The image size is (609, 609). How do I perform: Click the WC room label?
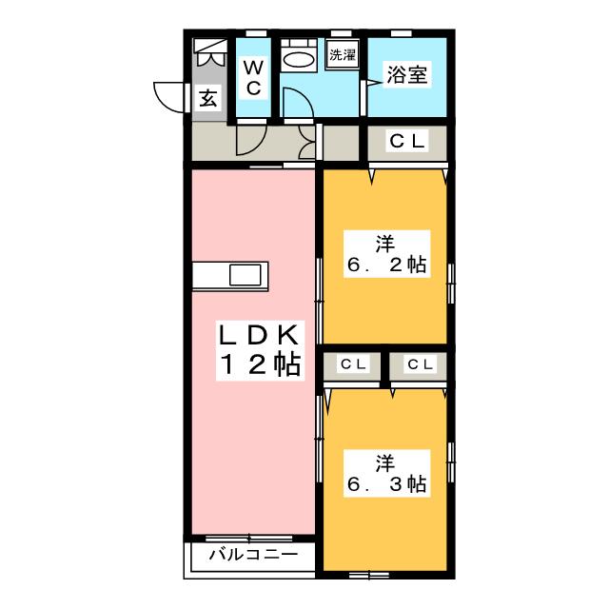coord(253,78)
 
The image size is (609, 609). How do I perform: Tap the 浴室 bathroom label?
coord(406,74)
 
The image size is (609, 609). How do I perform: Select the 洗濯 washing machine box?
coord(343,54)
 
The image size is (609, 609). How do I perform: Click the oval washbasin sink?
coord(299,60)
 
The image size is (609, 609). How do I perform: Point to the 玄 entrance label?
coord(207,97)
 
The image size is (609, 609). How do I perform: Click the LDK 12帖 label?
coord(260,350)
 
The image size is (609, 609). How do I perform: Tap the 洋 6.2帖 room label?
coord(387,254)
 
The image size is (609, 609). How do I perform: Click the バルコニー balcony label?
coord(254,555)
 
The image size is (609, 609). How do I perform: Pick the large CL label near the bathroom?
coord(407,141)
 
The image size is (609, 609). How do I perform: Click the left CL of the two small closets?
coord(353,364)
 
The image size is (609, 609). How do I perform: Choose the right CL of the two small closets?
coord(421,364)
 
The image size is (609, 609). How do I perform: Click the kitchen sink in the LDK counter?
coord(246,275)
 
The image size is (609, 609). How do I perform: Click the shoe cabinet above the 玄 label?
coord(209,52)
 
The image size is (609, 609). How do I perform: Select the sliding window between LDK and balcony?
coord(248,539)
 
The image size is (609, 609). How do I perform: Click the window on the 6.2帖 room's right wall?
coord(451,284)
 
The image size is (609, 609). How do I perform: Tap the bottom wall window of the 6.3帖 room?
coord(369,575)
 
